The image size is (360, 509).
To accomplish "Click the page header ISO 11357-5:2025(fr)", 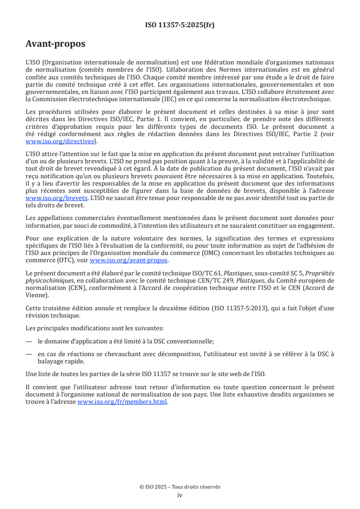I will (180, 25).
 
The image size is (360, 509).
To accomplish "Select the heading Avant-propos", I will (55, 44).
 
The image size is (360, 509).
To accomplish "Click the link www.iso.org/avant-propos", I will (129, 260).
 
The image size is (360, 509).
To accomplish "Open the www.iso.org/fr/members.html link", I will (122, 401).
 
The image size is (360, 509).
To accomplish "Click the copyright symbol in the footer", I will (142, 487).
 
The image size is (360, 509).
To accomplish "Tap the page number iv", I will (180, 495).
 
